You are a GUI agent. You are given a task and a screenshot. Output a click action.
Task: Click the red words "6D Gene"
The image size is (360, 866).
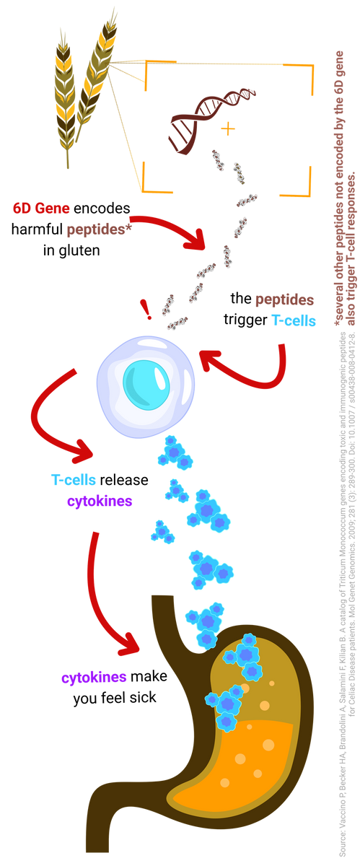pos(41,208)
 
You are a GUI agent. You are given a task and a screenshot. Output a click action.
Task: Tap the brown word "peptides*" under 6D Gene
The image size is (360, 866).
pos(99,229)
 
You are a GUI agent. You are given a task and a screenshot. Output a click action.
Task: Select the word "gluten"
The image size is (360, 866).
pos(79,250)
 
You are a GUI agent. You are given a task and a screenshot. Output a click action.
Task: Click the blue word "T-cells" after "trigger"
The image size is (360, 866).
pos(294,320)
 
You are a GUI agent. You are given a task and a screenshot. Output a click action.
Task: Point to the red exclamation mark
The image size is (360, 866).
pos(146,310)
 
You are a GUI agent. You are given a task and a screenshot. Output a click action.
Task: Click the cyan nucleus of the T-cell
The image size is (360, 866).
pos(146,383)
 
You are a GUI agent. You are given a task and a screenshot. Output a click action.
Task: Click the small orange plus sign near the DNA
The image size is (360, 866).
pos(228,128)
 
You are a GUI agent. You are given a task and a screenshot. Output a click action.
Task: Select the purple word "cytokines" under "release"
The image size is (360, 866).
pos(100,501)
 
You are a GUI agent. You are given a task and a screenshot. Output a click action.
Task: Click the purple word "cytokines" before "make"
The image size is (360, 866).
pos(94,677)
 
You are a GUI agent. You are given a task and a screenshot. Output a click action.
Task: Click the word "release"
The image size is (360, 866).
pos(124,480)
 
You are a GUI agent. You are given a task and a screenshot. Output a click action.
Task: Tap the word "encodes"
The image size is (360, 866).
pos(102,208)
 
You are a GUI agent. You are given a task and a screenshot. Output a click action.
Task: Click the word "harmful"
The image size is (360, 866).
pos(37,229)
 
